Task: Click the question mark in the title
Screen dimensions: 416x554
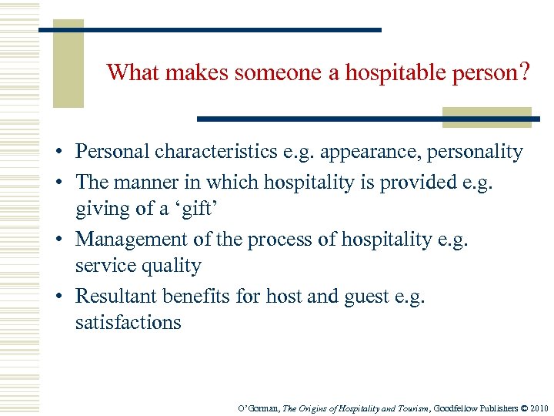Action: pyautogui.click(x=524, y=72)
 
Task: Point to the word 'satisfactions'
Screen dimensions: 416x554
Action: pyautogui.click(x=128, y=322)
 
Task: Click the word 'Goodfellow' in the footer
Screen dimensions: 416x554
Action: pyautogui.click(x=454, y=408)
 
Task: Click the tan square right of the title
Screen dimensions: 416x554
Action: pyautogui.click(x=486, y=117)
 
